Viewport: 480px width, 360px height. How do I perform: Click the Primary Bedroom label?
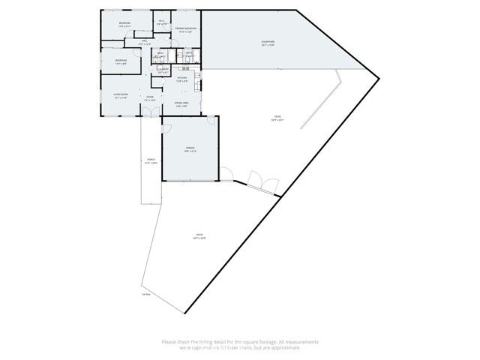184,29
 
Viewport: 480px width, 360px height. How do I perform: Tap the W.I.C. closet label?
161,22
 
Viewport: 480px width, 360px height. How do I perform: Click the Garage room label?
190,149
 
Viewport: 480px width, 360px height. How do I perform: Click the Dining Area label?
181,104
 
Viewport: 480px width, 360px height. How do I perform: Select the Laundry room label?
163,70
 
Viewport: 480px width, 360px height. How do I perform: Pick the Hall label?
144,43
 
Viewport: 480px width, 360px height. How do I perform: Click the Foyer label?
150,97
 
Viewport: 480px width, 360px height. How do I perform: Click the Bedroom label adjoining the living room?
120,60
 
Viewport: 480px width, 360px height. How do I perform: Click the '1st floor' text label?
146,294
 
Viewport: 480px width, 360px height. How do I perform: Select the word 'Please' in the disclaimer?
169,342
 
